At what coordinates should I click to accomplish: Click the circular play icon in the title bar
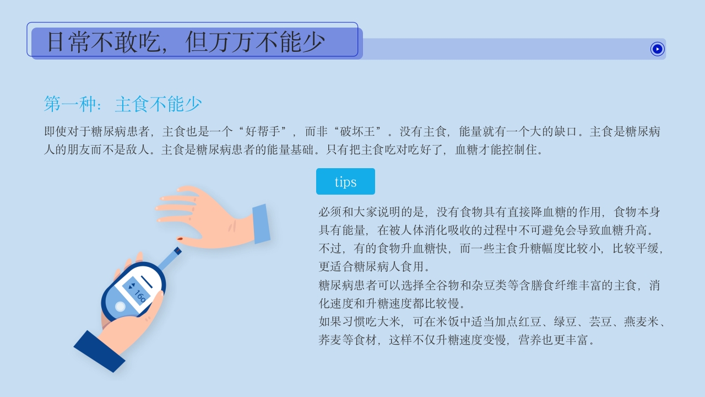(657, 49)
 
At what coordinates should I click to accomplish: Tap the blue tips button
(345, 181)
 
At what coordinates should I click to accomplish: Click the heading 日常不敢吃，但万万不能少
(186, 42)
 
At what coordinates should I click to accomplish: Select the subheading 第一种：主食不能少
(123, 104)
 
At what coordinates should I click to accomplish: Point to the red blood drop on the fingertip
(180, 238)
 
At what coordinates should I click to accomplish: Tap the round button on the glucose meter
(120, 307)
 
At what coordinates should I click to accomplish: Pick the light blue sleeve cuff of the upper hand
(261, 223)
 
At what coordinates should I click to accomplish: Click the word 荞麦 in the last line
(330, 340)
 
